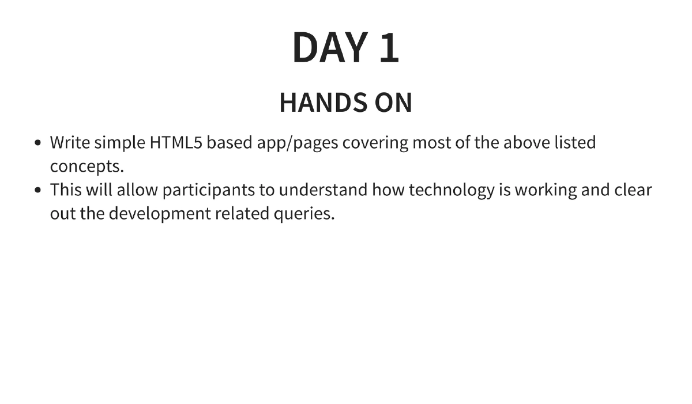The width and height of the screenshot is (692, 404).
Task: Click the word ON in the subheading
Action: click(394, 103)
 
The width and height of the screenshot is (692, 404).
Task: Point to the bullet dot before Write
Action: click(38, 143)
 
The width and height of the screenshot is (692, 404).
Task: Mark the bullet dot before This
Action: click(38, 190)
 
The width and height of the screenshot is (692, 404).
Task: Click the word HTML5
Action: click(175, 142)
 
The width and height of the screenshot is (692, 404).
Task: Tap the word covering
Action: click(375, 142)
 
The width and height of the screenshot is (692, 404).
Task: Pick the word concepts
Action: click(86, 167)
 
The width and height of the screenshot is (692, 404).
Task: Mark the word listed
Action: click(575, 142)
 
